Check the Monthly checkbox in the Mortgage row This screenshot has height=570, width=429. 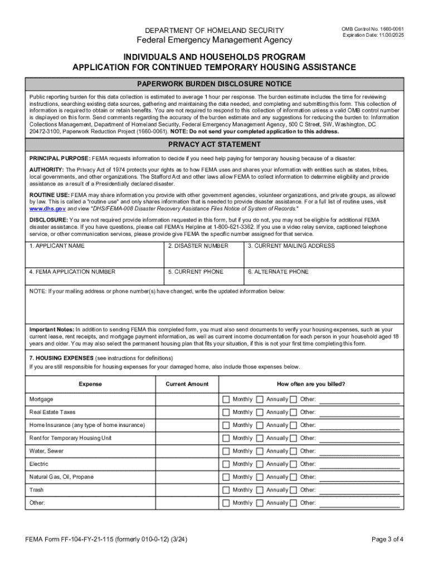(x=226, y=399)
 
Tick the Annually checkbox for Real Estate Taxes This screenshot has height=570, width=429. (x=260, y=412)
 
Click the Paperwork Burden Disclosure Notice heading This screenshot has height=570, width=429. (x=214, y=84)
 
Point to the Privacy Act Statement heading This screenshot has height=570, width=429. (x=214, y=145)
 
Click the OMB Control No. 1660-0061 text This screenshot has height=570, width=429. (x=373, y=28)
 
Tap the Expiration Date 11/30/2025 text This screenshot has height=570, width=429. (x=373, y=35)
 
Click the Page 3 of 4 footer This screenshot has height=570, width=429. (x=387, y=539)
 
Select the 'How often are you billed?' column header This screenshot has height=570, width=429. (x=311, y=384)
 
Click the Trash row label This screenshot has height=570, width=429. (x=36, y=490)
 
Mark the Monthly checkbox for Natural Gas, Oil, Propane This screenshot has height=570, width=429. (x=226, y=477)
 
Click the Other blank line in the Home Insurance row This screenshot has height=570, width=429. (x=359, y=426)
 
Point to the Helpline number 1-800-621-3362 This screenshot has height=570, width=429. (x=289, y=227)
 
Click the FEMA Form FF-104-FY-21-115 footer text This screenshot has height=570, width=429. (x=106, y=539)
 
